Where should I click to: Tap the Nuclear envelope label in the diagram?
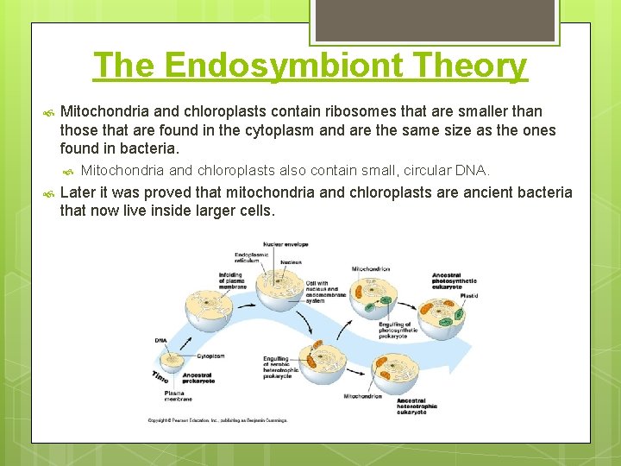(x=285, y=244)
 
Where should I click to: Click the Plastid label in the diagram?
(x=468, y=296)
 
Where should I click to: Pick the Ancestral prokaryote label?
(x=198, y=378)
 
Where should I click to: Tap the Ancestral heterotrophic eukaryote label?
(x=417, y=406)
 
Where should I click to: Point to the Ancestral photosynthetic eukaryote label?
(x=454, y=281)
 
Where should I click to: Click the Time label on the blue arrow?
(x=160, y=377)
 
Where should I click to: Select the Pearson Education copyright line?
(x=217, y=420)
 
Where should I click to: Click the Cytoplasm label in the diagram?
(x=210, y=356)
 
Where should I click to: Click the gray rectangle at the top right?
(x=435, y=20)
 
